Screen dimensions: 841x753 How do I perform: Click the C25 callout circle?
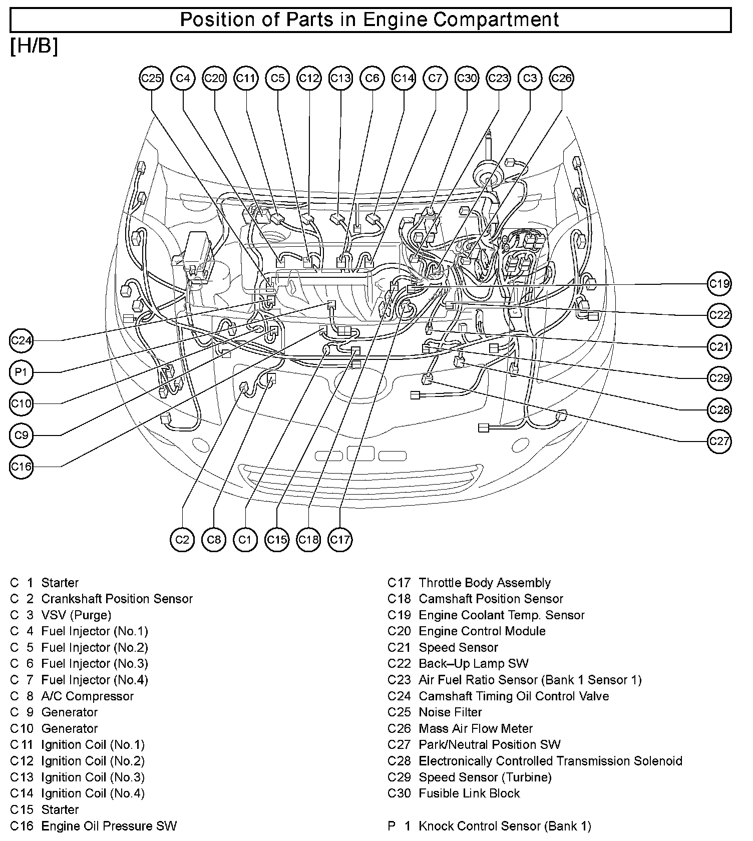(151, 79)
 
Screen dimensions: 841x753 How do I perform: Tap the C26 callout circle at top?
(561, 79)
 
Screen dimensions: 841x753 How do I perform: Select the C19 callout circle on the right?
(719, 284)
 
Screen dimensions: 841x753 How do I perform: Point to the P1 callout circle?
(21, 372)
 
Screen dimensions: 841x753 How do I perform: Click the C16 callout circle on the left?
(21, 467)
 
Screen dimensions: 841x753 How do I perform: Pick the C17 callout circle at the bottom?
(340, 540)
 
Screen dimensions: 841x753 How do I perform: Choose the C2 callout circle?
(182, 540)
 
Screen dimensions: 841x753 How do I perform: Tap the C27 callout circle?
(719, 442)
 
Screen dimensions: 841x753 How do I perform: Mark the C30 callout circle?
(467, 79)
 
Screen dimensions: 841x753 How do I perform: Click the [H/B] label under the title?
(34, 47)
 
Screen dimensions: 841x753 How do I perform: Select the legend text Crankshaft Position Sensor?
(117, 599)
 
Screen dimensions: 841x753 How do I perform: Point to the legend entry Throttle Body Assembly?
(484, 583)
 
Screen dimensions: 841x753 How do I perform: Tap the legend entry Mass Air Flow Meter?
(476, 728)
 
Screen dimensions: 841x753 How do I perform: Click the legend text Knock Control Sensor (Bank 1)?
(505, 826)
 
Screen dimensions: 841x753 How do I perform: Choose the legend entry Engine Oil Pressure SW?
(109, 826)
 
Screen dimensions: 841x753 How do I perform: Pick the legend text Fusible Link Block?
(469, 793)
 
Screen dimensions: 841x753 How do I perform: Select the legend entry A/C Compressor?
(88, 696)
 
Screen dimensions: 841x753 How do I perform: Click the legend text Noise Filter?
(450, 712)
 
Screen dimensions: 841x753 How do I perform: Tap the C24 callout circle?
(21, 341)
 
